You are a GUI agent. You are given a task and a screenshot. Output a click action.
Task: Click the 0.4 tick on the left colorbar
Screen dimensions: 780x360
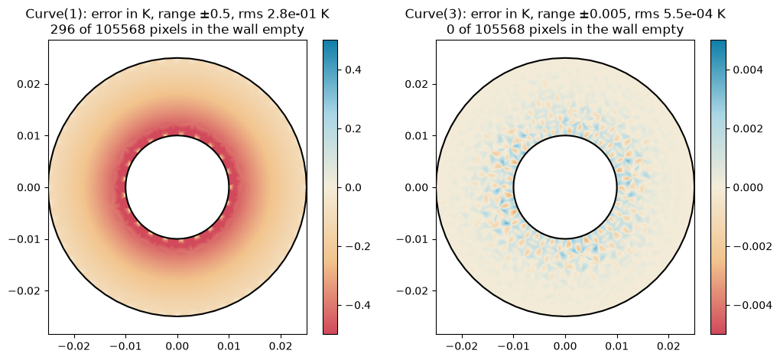point(340,70)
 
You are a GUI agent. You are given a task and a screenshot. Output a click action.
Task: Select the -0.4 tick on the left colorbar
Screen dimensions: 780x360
point(340,305)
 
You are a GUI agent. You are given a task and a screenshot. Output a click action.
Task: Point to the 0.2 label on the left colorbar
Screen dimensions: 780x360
point(353,128)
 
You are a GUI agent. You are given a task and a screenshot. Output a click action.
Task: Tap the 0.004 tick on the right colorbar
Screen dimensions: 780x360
point(727,70)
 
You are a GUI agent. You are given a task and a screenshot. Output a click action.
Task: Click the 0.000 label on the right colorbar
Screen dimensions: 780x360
point(748,187)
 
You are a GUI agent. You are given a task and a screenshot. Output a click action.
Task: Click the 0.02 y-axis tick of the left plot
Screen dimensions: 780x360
point(47,84)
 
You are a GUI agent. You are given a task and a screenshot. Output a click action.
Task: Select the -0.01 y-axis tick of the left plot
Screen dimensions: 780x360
point(47,239)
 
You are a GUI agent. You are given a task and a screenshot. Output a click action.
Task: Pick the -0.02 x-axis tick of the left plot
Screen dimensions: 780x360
point(74,336)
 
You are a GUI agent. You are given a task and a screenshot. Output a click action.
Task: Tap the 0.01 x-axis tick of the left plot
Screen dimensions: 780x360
point(229,336)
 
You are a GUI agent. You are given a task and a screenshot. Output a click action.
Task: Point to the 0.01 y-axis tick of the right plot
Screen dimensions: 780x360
point(435,136)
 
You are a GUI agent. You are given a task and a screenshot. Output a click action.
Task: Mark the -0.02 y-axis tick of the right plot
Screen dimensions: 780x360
point(435,290)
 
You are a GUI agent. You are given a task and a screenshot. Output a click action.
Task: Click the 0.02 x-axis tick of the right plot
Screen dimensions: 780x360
point(668,336)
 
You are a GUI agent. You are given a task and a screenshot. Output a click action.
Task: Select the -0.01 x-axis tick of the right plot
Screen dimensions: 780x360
point(513,336)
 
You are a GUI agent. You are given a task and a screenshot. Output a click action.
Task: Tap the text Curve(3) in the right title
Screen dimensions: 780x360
point(425,14)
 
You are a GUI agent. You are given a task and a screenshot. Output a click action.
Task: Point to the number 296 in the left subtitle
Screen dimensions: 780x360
point(60,29)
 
